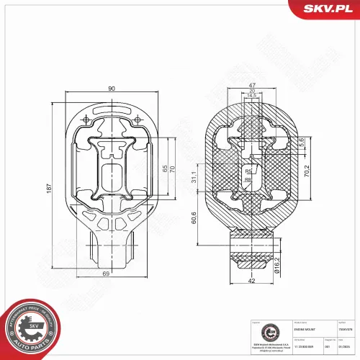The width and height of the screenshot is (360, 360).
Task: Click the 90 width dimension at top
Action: pos(112,88)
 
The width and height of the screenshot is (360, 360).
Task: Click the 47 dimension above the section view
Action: pos(253,84)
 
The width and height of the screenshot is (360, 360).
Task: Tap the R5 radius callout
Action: pos(248,171)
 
